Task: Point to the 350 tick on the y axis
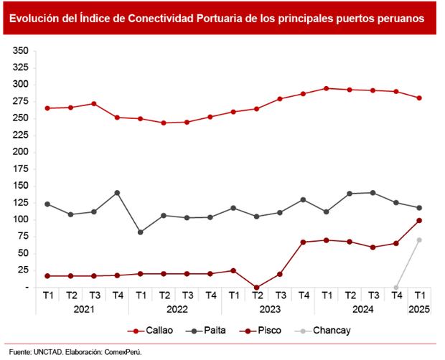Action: tap(19, 51)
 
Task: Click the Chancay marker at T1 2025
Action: tap(419, 240)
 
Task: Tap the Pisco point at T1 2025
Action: tap(419, 220)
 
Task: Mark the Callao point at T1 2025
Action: tap(419, 98)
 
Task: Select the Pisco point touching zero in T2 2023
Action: tap(257, 287)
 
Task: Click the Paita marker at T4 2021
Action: tap(118, 193)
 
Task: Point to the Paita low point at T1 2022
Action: tap(141, 232)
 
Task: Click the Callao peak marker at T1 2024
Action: tap(327, 88)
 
